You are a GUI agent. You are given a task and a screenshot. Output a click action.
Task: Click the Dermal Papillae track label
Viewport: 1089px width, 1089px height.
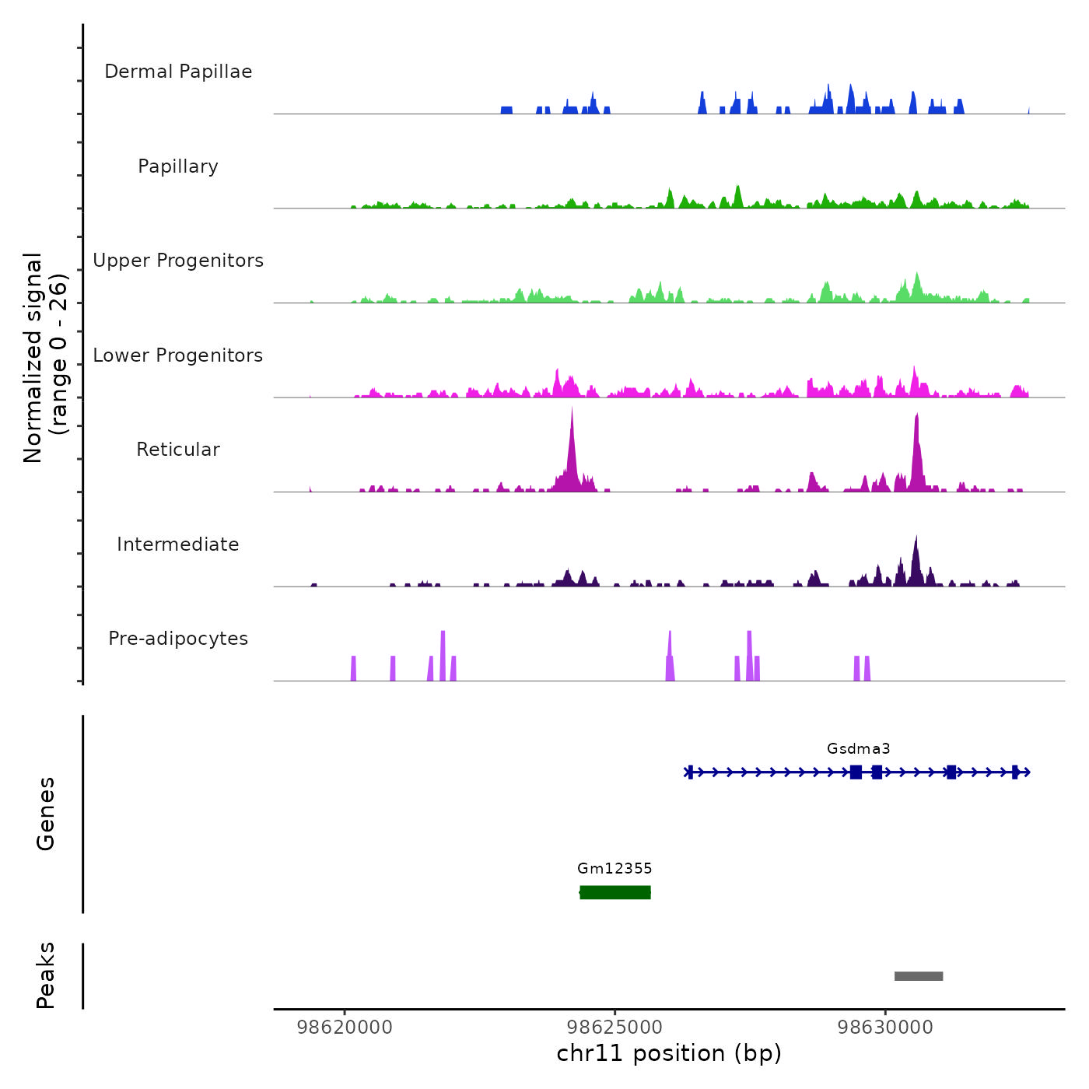(x=178, y=72)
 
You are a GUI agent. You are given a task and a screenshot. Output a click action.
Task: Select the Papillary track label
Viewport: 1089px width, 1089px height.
(x=178, y=166)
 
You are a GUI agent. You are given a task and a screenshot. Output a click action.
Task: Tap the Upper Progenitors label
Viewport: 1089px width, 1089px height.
(x=178, y=261)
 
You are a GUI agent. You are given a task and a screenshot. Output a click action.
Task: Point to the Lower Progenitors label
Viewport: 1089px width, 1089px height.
(x=178, y=355)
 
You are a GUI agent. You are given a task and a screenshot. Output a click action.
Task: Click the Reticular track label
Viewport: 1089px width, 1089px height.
(x=178, y=450)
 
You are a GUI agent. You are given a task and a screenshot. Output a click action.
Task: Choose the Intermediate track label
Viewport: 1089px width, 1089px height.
(x=178, y=544)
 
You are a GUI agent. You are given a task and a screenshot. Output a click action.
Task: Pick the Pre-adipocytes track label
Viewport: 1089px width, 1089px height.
(x=178, y=639)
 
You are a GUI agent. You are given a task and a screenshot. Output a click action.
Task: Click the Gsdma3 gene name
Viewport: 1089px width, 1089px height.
(x=858, y=749)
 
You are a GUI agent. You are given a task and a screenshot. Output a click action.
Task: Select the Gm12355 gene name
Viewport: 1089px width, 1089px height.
(x=615, y=869)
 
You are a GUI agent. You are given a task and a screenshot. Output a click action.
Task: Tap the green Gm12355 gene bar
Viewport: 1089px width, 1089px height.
(x=615, y=892)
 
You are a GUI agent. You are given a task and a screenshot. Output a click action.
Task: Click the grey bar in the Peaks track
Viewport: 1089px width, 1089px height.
(x=919, y=976)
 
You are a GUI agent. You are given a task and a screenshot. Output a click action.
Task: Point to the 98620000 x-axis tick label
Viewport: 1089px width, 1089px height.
(x=345, y=1028)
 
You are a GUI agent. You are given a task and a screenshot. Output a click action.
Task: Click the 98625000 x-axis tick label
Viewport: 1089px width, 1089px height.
(x=615, y=1028)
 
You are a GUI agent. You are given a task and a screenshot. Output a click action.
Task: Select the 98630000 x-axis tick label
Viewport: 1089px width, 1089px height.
(x=885, y=1028)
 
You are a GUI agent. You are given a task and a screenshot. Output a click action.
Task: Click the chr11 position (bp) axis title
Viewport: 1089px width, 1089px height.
(x=669, y=1053)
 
